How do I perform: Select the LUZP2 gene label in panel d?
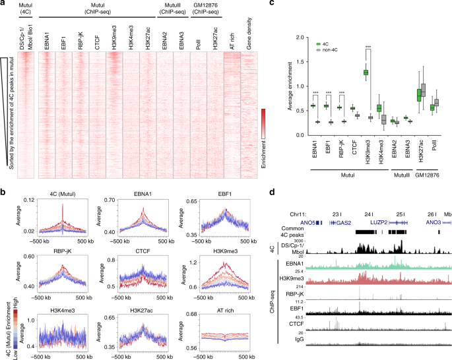click(378, 224)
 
